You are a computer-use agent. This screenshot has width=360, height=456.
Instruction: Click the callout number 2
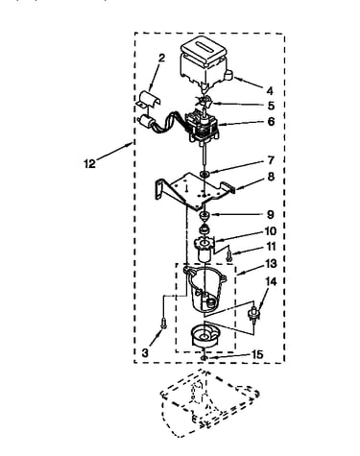pyautogui.click(x=162, y=59)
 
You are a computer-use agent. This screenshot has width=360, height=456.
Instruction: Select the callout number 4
pyautogui.click(x=270, y=91)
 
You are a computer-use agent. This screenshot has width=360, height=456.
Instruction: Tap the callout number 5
pyautogui.click(x=271, y=106)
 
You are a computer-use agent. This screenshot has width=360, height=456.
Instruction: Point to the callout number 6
pyautogui.click(x=271, y=121)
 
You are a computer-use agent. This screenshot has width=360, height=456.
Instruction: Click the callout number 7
pyautogui.click(x=271, y=159)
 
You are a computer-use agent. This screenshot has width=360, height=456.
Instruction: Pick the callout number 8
pyautogui.click(x=271, y=177)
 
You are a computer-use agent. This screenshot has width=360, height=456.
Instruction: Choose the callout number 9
pyautogui.click(x=271, y=214)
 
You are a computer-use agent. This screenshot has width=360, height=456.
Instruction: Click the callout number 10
pyautogui.click(x=271, y=230)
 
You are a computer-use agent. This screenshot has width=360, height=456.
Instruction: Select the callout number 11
pyautogui.click(x=271, y=247)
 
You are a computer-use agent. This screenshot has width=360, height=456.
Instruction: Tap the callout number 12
pyautogui.click(x=90, y=164)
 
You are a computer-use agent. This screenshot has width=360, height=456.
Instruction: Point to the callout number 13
pyautogui.click(x=271, y=264)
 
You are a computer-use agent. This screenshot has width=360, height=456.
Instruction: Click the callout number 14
pyautogui.click(x=271, y=281)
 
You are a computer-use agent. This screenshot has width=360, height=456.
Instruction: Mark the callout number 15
pyautogui.click(x=257, y=354)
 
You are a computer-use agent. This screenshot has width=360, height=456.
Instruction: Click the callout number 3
pyautogui.click(x=146, y=352)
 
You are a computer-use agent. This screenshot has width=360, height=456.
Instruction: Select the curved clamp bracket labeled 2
pyautogui.click(x=148, y=99)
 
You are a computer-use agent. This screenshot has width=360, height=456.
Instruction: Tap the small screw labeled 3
pyautogui.click(x=163, y=323)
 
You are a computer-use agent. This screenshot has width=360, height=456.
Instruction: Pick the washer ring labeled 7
pyautogui.click(x=204, y=174)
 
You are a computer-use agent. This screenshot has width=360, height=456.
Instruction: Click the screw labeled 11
pyautogui.click(x=229, y=255)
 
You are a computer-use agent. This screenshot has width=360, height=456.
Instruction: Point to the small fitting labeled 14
pyautogui.click(x=254, y=313)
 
